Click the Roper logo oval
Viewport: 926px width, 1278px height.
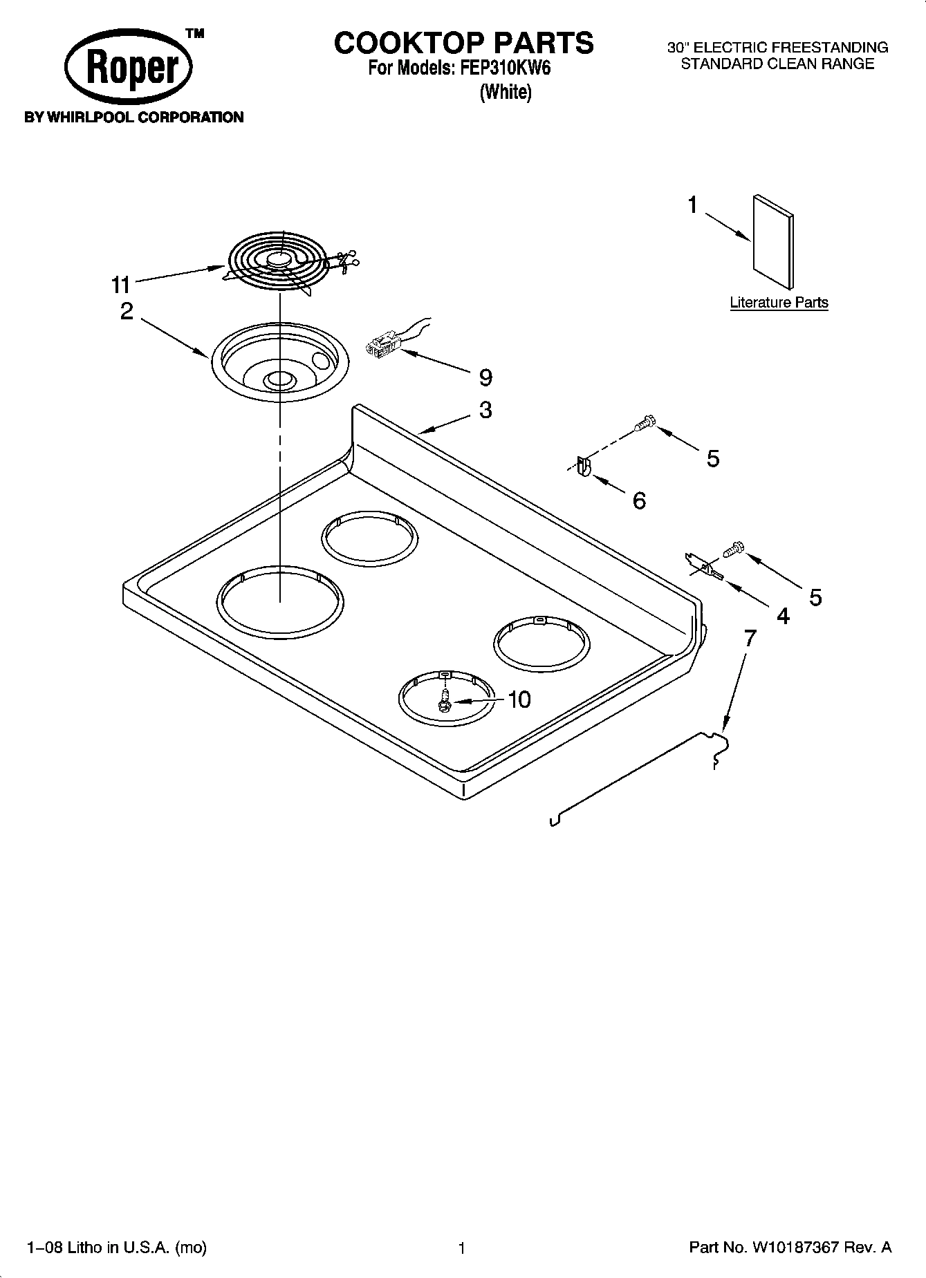tap(128, 68)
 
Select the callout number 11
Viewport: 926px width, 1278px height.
tap(120, 284)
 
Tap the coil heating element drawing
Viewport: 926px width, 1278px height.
tap(280, 262)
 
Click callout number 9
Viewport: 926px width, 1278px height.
tap(485, 378)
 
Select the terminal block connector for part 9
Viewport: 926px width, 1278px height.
tap(383, 344)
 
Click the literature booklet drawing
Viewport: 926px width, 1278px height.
tap(772, 240)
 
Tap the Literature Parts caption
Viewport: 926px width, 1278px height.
tap(779, 303)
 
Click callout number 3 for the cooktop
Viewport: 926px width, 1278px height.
tap(485, 410)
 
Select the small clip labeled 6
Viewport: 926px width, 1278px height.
tap(583, 467)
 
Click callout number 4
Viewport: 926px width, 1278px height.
tap(782, 615)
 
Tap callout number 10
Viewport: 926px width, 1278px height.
tap(519, 699)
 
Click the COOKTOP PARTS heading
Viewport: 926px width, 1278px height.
tap(463, 43)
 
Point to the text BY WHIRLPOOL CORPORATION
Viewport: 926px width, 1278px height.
tap(134, 118)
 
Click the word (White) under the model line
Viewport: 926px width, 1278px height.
tap(506, 91)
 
